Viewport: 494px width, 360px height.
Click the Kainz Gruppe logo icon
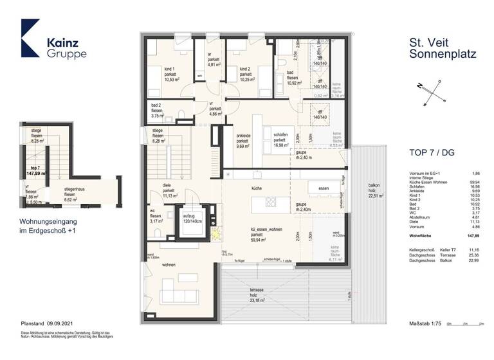tap(30, 38)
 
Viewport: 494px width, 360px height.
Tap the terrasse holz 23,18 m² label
tap(259, 294)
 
